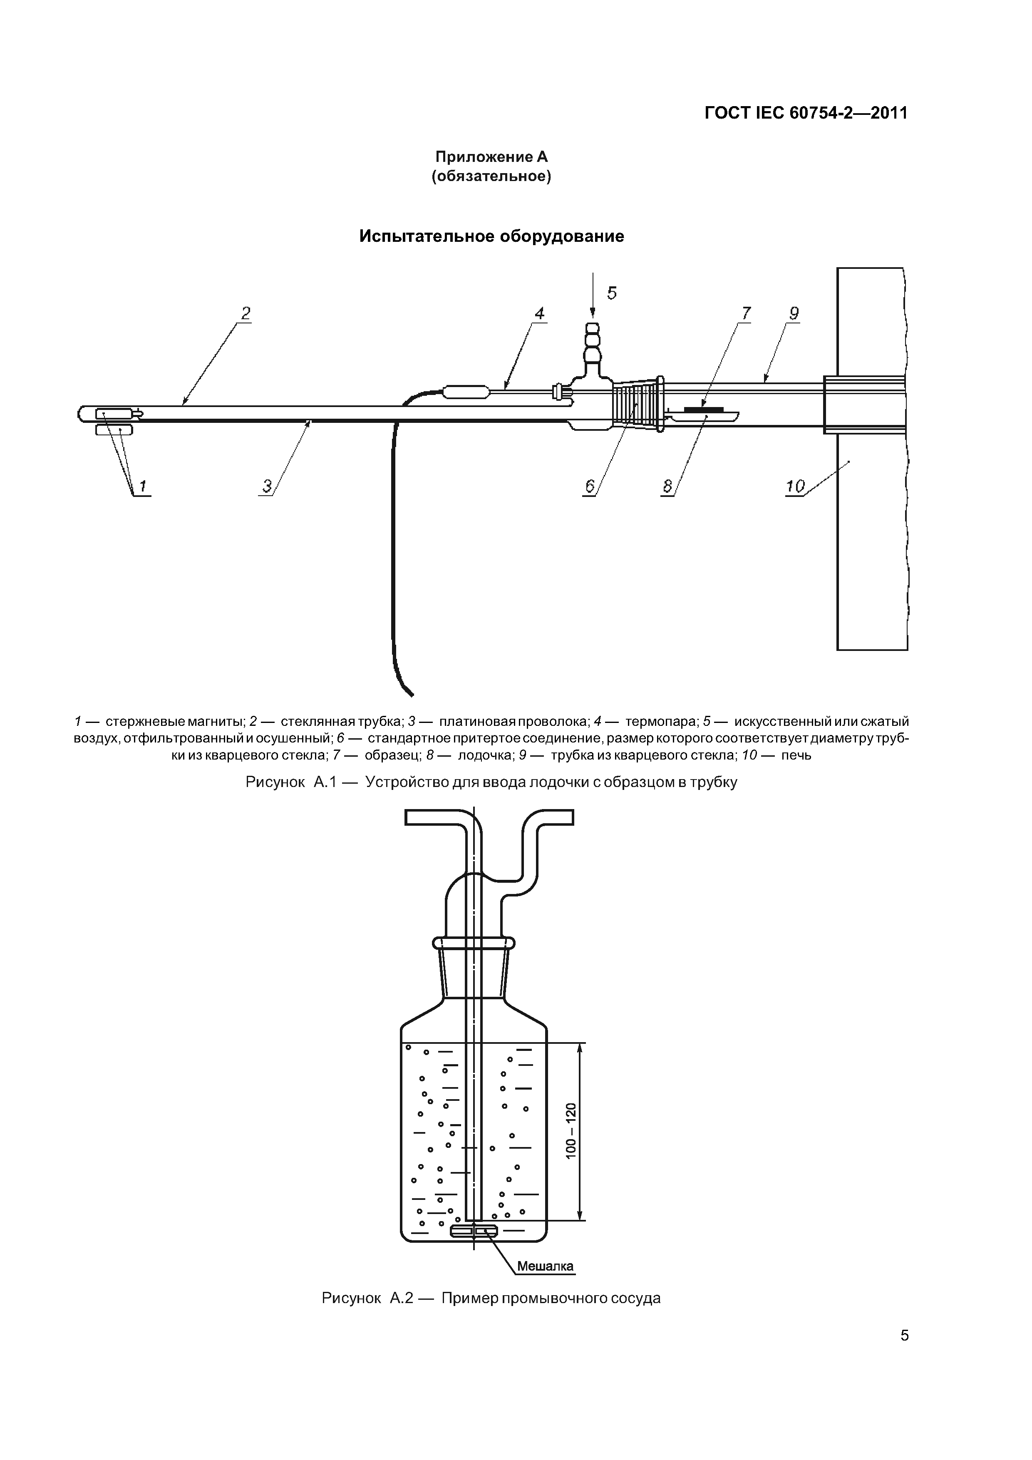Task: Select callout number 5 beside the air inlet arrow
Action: pyautogui.click(x=612, y=293)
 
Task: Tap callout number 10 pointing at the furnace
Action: pyautogui.click(x=796, y=487)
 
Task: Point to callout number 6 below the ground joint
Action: pyautogui.click(x=589, y=487)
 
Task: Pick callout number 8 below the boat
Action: pyautogui.click(x=667, y=487)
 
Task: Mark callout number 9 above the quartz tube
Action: pyautogui.click(x=794, y=313)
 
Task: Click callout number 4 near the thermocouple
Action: pyautogui.click(x=539, y=313)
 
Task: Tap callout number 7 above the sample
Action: pyautogui.click(x=746, y=313)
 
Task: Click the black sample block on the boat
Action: pyautogui.click(x=704, y=409)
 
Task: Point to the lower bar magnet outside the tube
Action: pyautogui.click(x=114, y=430)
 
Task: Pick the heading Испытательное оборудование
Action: pyautogui.click(x=491, y=236)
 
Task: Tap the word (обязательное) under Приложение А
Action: pyautogui.click(x=491, y=176)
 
